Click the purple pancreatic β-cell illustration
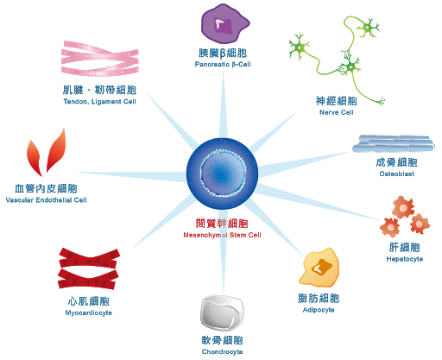pos(224,24)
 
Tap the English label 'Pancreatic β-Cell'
pos(223,64)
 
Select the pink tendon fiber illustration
pos(100,59)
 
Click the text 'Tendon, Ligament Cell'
pos(99,102)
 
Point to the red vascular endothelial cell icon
pos(46,153)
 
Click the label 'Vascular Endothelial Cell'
pos(46,200)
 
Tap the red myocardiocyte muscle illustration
pos(89,268)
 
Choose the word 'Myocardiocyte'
pos(89,313)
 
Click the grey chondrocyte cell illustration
pos(222,313)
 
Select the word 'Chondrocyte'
pos(222,351)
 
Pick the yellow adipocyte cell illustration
pos(319,267)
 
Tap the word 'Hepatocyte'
pos(405,259)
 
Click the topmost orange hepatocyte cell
pos(403,207)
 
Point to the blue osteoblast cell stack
pos(394,143)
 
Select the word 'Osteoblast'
pos(397,174)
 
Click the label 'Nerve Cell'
pos(337,112)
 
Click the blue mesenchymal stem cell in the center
pos(222,174)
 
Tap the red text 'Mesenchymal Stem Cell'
pos(222,235)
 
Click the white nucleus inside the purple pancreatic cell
pos(219,24)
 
